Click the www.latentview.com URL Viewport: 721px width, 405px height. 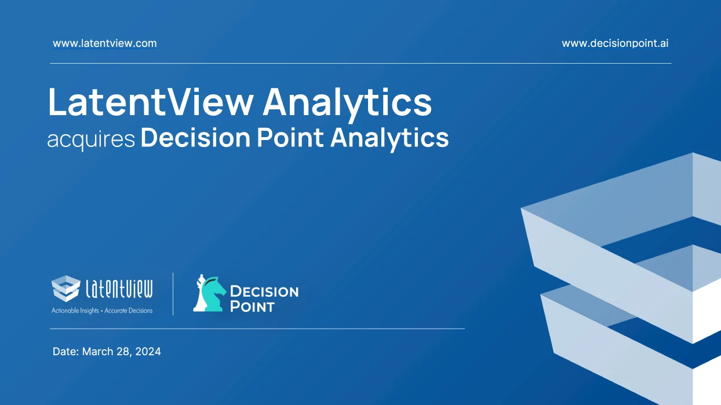(104, 43)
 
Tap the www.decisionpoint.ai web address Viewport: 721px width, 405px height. (615, 43)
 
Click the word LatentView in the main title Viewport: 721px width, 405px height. (151, 102)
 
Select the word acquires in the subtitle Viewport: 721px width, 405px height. (91, 139)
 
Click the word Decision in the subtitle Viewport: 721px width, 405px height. (195, 138)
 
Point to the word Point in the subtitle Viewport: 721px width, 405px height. (290, 138)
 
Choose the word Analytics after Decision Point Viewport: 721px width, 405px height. (389, 139)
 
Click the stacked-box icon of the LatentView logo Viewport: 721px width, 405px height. (66, 288)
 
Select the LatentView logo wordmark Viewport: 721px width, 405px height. (119, 289)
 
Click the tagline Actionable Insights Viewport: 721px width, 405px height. (75, 311)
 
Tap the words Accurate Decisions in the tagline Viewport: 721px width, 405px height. (129, 311)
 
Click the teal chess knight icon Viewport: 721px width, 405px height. (213, 294)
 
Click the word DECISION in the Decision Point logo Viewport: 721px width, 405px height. (264, 291)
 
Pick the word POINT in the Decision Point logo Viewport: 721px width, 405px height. (252, 306)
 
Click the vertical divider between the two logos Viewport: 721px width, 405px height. (173, 294)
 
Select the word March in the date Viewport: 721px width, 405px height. (98, 351)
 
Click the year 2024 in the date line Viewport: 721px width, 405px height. (148, 352)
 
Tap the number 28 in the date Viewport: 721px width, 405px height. (123, 352)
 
